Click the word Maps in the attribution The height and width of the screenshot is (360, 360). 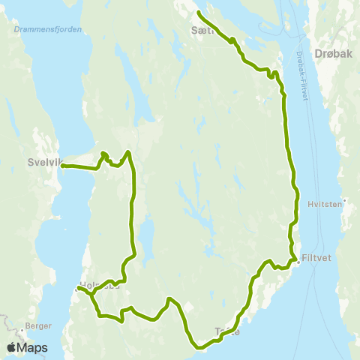coord(33,347)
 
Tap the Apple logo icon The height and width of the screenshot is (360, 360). coord(12,347)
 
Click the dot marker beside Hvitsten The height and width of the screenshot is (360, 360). coord(343,201)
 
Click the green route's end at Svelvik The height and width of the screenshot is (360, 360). coord(63,166)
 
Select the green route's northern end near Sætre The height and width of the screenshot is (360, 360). coord(198,13)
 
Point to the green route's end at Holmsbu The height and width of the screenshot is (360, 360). coord(79,287)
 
